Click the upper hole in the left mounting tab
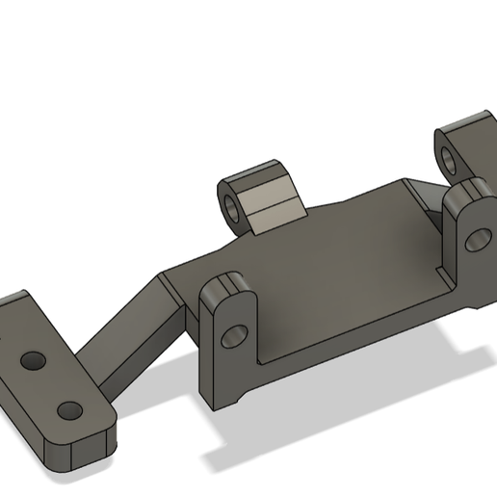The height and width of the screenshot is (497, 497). (x=34, y=361)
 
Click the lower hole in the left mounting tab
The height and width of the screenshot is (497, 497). (x=68, y=410)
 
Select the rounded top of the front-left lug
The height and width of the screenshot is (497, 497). (x=226, y=286)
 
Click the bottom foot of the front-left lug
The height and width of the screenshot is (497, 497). (x=226, y=395)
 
